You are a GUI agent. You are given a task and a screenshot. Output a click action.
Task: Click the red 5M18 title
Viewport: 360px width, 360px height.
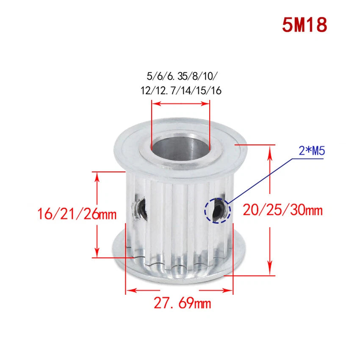tap(305, 25)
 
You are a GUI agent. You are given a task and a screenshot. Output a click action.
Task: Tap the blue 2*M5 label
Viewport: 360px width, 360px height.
tap(312, 151)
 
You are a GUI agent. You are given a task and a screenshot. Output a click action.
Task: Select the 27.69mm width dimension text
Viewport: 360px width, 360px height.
tap(182, 303)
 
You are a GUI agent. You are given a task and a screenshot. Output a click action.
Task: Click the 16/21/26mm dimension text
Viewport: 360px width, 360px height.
tap(77, 214)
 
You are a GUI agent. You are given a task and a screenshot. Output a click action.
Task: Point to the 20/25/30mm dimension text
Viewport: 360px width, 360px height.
tap(282, 210)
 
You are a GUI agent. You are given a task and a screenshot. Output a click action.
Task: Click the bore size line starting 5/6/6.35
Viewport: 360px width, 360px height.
tap(181, 76)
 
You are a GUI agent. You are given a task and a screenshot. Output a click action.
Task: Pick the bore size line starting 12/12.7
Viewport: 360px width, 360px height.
tap(181, 91)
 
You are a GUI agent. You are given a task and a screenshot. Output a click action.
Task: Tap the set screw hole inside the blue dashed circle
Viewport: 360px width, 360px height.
tap(217, 210)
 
